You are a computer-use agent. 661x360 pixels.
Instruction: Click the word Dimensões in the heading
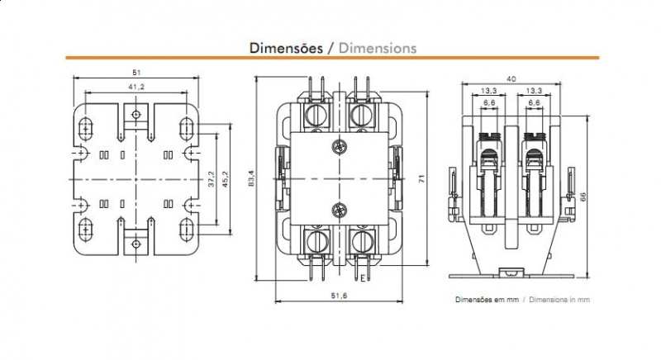[286, 47]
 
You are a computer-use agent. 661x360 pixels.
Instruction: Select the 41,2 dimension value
[136, 86]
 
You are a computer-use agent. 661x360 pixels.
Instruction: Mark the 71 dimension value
[421, 179]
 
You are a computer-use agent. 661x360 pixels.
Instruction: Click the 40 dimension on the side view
[513, 78]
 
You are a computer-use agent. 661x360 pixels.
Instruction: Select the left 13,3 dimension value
[489, 90]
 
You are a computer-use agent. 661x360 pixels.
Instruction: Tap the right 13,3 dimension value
[534, 90]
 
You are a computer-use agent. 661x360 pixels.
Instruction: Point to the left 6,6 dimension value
[489, 102]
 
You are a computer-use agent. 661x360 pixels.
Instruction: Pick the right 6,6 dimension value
[534, 102]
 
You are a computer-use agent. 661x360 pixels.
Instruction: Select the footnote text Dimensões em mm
[487, 301]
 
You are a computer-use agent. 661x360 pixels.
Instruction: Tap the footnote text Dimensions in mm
[560, 301]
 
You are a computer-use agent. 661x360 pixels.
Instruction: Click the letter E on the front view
[363, 278]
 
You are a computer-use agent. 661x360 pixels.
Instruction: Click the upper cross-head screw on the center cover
[337, 148]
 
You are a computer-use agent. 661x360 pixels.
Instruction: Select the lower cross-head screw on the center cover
[337, 209]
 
